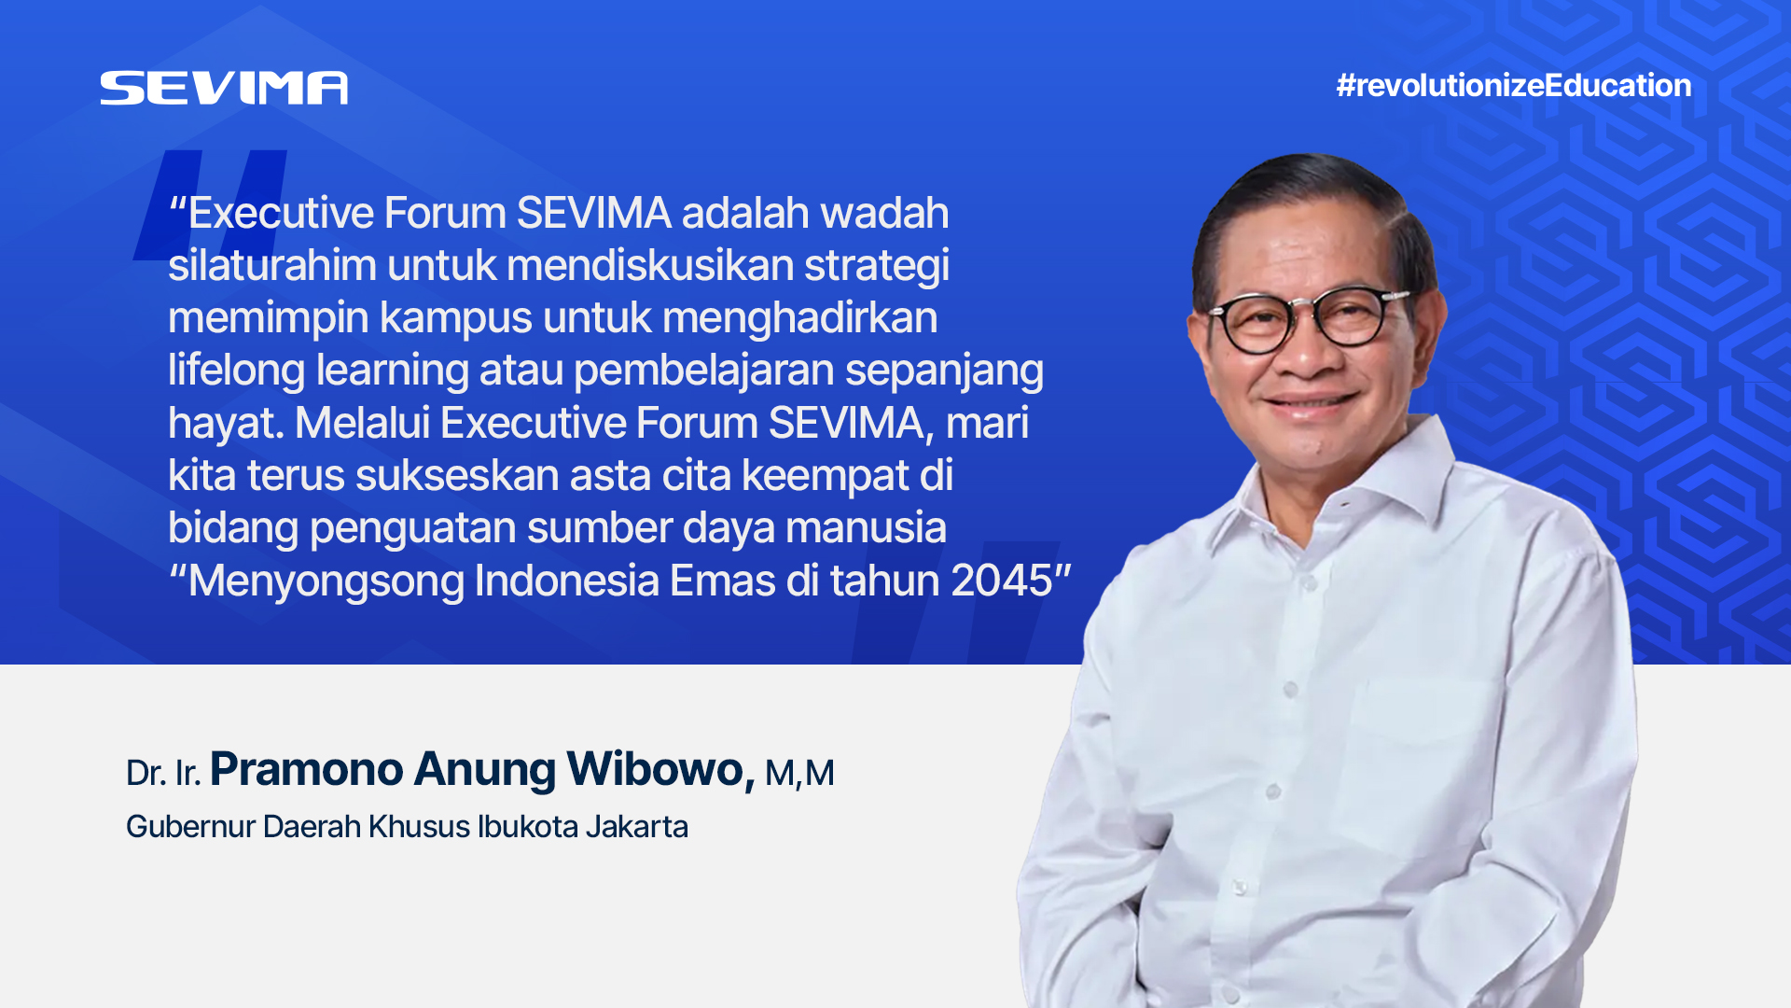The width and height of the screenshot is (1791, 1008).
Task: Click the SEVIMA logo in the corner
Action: [224, 88]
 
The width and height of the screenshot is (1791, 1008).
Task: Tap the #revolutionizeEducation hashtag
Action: [1513, 86]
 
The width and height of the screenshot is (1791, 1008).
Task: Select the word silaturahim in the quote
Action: [272, 265]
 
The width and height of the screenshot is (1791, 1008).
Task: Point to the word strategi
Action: [877, 267]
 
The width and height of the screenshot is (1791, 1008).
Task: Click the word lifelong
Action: [236, 371]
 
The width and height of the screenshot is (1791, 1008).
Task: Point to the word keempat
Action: [826, 477]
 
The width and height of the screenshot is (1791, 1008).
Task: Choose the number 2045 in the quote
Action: [1002, 581]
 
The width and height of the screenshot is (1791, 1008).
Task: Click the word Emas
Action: [723, 581]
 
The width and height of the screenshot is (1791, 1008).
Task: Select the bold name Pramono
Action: [306, 770]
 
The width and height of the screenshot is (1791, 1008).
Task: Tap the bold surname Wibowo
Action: [660, 770]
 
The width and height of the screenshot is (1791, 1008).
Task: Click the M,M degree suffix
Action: [799, 774]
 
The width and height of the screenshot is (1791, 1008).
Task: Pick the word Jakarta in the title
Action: [637, 827]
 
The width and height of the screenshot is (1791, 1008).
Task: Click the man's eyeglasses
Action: [1309, 319]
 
